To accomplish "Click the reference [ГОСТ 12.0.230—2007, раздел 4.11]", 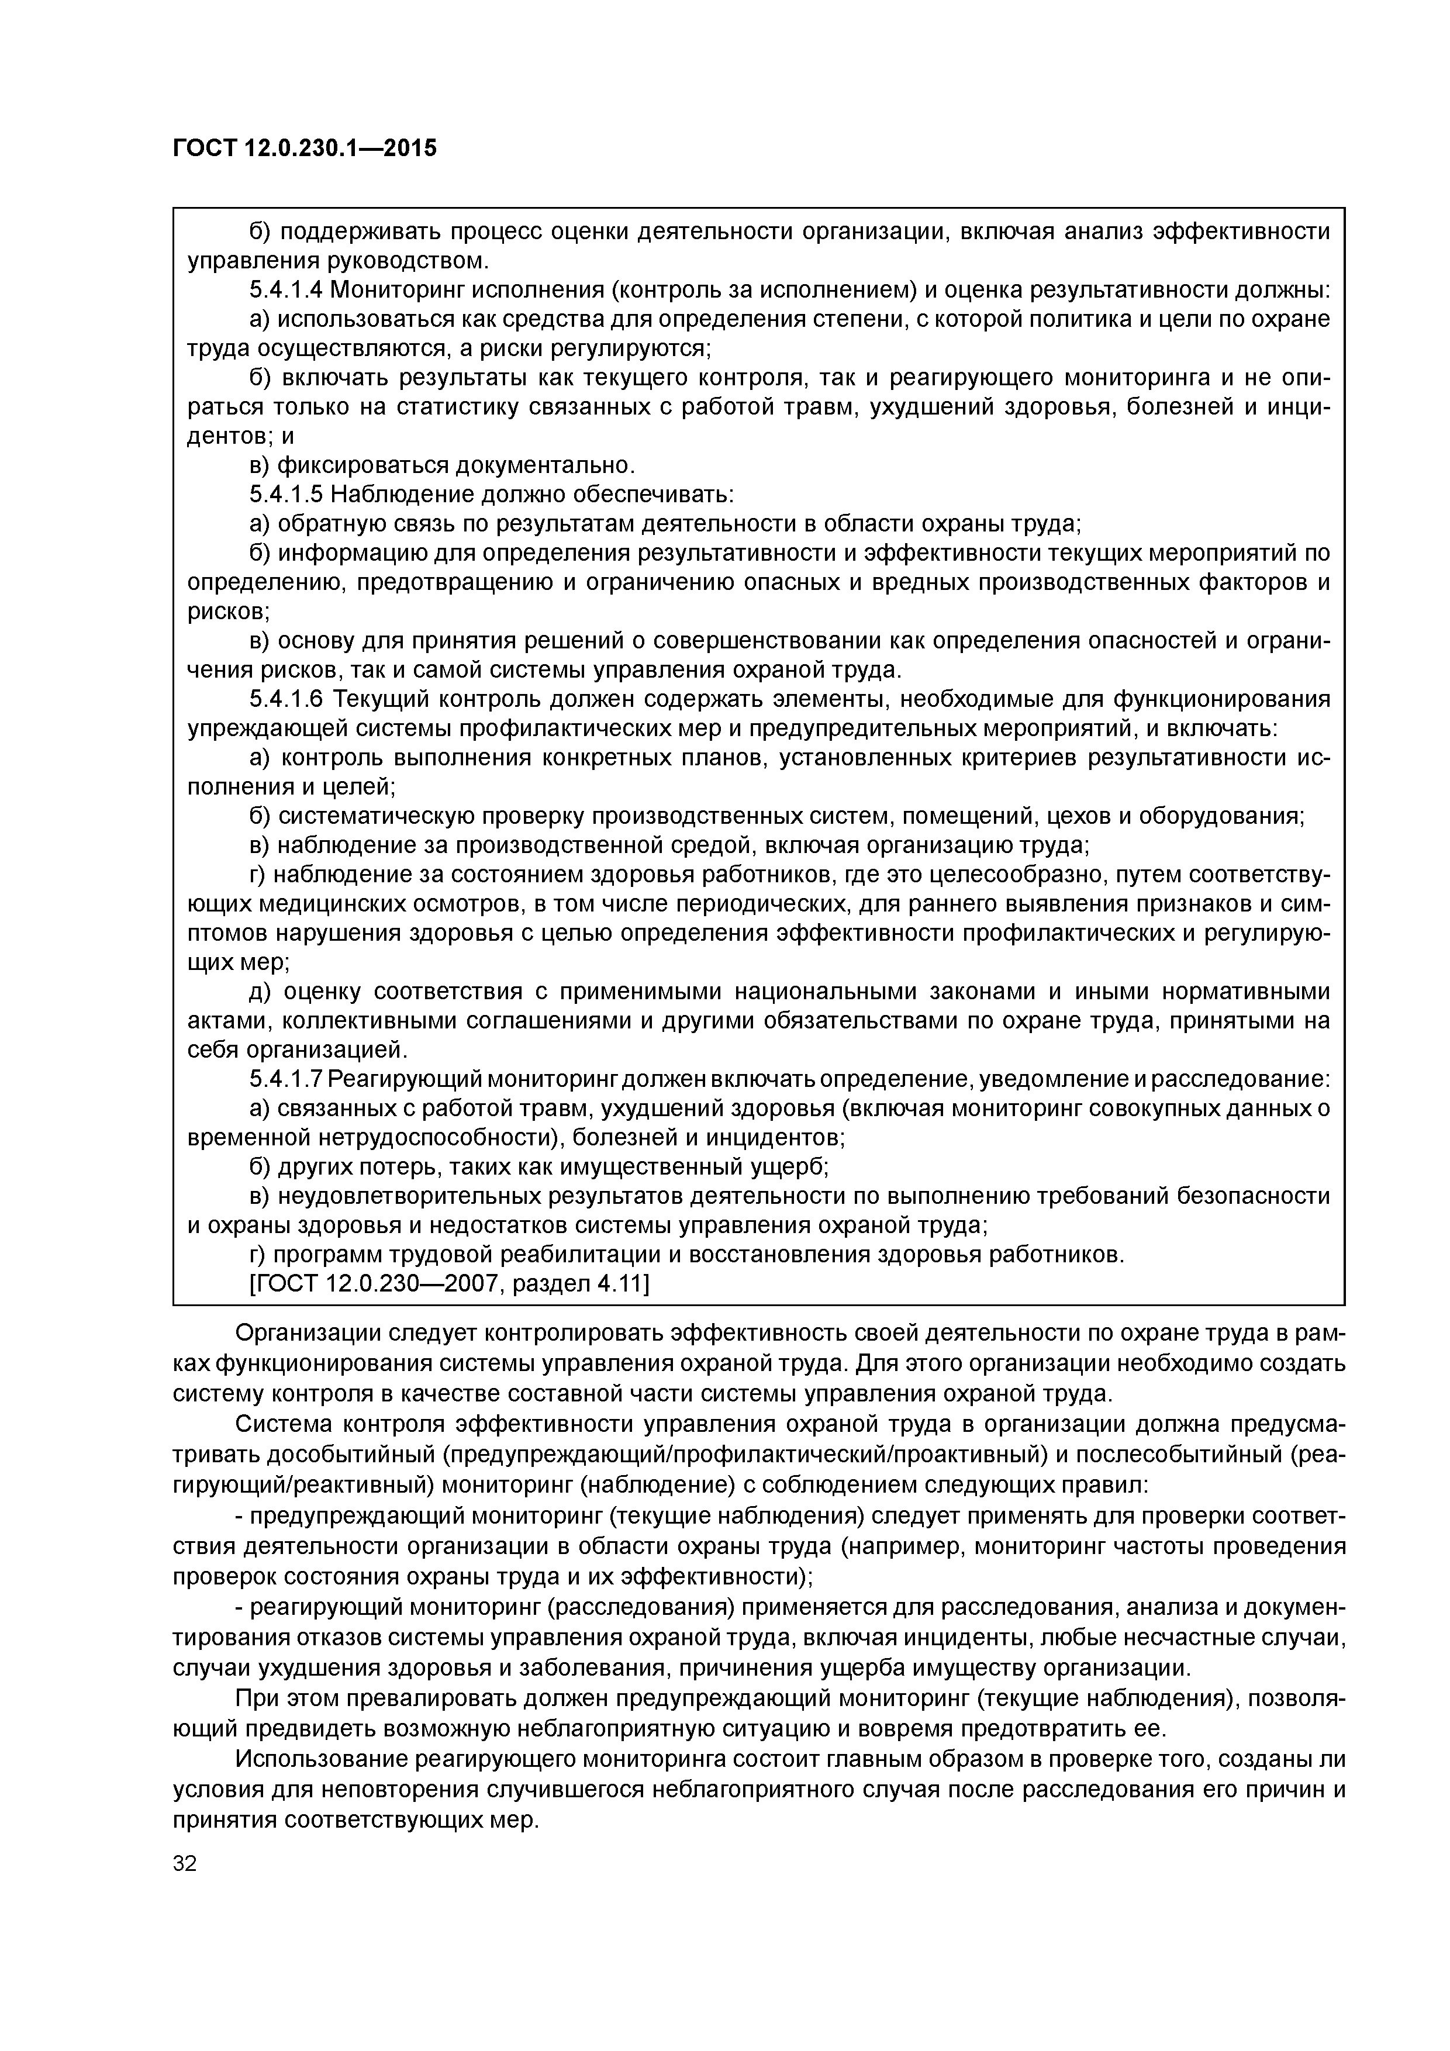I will (448, 1284).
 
